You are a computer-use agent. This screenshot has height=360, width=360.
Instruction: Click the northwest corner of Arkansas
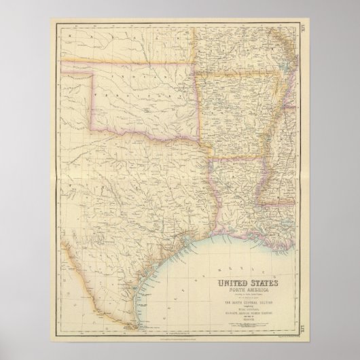198,67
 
